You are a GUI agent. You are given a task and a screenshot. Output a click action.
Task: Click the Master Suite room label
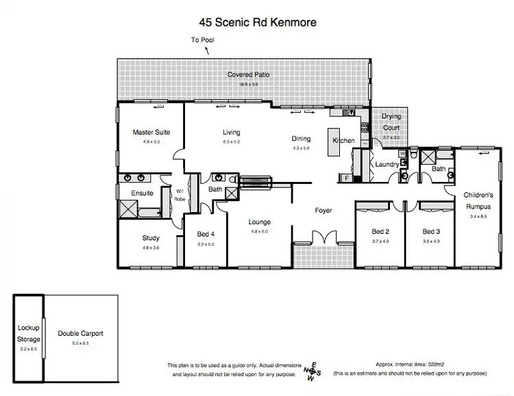[151, 132]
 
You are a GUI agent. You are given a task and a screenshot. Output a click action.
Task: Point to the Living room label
[231, 132]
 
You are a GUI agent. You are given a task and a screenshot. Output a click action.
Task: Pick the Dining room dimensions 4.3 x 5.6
[301, 148]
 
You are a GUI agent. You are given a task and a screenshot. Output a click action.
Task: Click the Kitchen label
[343, 140]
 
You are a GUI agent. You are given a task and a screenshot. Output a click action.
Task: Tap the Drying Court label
[391, 122]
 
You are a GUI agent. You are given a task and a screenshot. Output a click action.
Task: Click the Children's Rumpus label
[477, 200]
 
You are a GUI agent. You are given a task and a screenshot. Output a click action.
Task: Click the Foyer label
[323, 210]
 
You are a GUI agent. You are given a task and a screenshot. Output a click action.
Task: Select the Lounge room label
[260, 222]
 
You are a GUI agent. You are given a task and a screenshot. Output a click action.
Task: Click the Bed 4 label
[206, 233]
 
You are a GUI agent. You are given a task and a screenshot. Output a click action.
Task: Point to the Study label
[151, 238]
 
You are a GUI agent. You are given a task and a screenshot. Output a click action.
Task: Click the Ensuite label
[142, 194]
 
